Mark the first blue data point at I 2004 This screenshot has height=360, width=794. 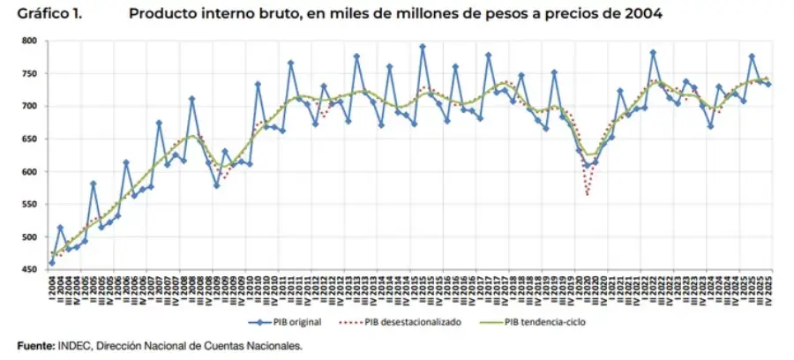click(51, 263)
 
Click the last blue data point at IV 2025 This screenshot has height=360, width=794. click(768, 84)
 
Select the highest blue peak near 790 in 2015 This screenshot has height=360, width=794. click(423, 47)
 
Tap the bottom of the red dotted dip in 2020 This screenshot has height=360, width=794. click(588, 195)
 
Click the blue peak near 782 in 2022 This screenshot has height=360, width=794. click(653, 52)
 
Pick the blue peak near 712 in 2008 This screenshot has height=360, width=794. click(191, 99)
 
